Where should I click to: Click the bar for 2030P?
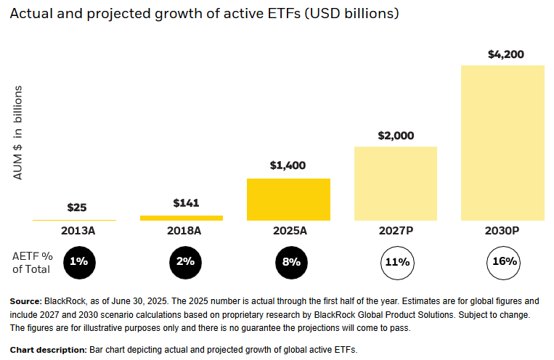click(x=502, y=143)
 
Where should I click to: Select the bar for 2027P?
click(x=396, y=184)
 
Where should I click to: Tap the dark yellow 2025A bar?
click(x=288, y=200)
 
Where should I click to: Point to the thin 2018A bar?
click(x=182, y=218)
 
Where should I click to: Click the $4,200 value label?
click(x=506, y=54)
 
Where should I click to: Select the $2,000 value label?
click(x=396, y=136)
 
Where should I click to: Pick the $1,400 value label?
click(x=288, y=165)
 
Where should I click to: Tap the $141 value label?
click(x=186, y=202)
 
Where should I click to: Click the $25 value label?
click(x=77, y=208)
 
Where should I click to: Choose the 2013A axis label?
click(x=78, y=231)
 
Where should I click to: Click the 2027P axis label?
click(x=396, y=231)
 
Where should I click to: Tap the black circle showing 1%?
click(x=79, y=263)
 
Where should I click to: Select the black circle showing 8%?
click(x=291, y=263)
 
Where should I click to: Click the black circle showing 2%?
click(x=185, y=263)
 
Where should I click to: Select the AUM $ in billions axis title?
click(x=17, y=133)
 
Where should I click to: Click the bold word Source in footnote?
click(x=26, y=301)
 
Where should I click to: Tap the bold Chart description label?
click(x=49, y=350)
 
